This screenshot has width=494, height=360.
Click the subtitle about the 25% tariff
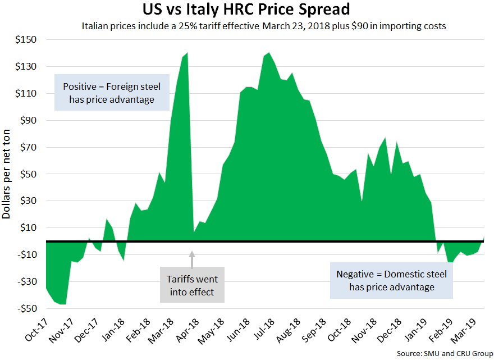[264, 26]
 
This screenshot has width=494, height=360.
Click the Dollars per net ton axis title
[8, 174]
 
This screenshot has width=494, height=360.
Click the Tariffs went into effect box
[192, 285]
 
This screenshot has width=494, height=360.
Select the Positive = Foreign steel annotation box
[112, 93]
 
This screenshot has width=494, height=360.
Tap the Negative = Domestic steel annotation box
[391, 280]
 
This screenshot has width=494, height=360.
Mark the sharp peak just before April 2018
[186, 53]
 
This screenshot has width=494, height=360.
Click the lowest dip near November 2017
[63, 304]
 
